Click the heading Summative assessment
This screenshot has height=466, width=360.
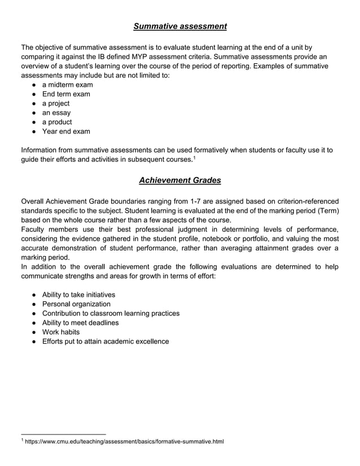[x=180, y=26]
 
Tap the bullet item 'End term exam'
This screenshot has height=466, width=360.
[x=66, y=94]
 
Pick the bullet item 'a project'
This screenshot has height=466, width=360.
[x=56, y=103]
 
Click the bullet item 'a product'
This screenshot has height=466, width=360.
[x=57, y=122]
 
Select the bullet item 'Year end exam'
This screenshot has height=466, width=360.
[x=66, y=131]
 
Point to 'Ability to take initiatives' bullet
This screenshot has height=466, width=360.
[x=78, y=294]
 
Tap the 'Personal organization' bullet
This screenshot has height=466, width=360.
[x=76, y=304]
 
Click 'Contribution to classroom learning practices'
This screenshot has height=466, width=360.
[x=111, y=313]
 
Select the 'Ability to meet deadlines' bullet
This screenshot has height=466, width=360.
[x=80, y=323]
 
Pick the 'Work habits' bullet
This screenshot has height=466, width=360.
[x=61, y=332]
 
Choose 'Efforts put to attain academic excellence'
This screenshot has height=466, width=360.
[x=106, y=341]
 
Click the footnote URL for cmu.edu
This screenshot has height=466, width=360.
[x=125, y=441]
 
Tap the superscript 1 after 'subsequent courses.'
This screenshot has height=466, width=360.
[x=194, y=158]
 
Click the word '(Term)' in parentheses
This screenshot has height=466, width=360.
[x=327, y=210]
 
